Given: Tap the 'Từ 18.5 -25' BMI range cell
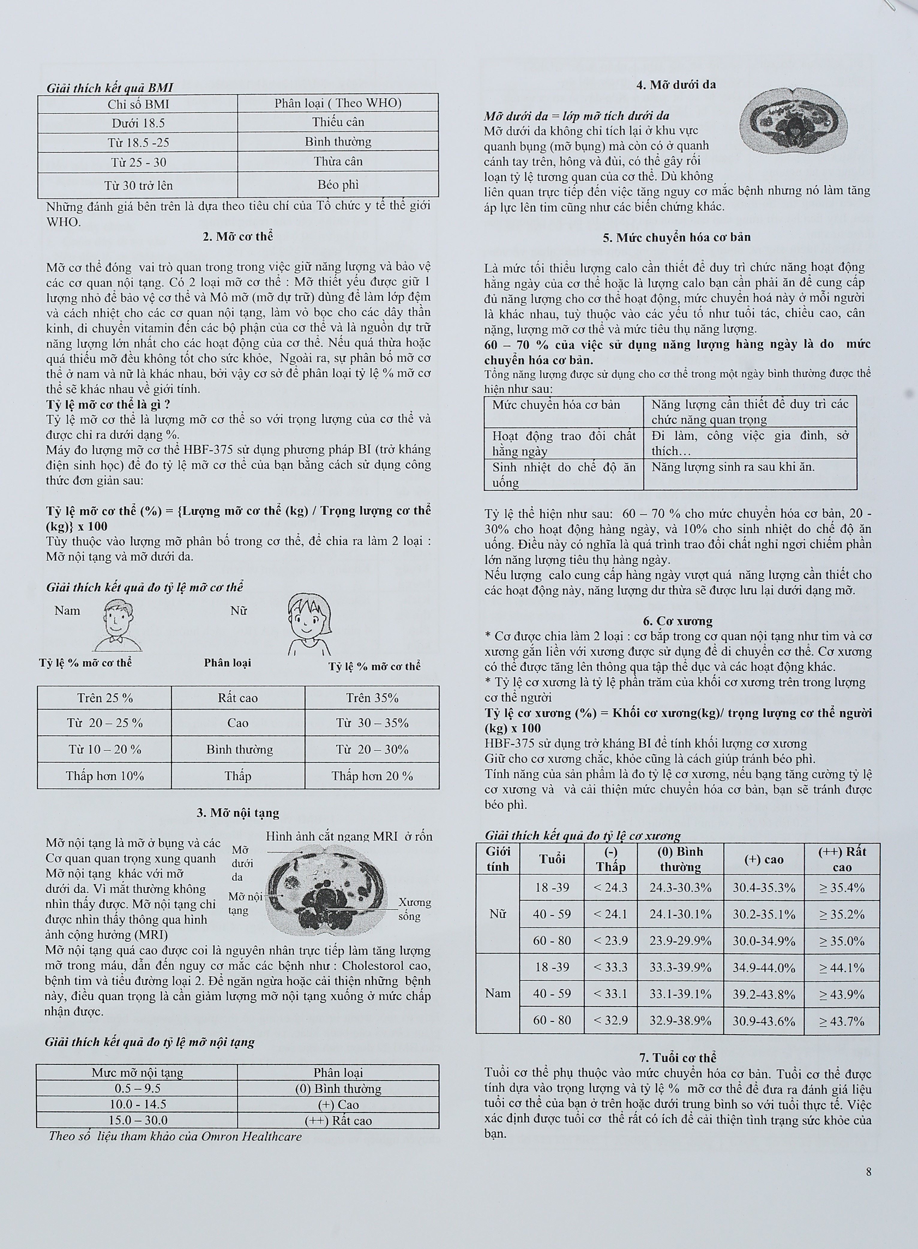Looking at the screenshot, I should point(138,142).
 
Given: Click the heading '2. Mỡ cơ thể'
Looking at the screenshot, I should point(238,236).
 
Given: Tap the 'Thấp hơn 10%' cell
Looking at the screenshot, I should point(104,776).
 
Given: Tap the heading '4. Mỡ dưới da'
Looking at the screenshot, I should point(676,85).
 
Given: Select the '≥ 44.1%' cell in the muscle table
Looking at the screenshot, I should point(841,968).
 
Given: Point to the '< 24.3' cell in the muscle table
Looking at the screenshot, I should point(610,888).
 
